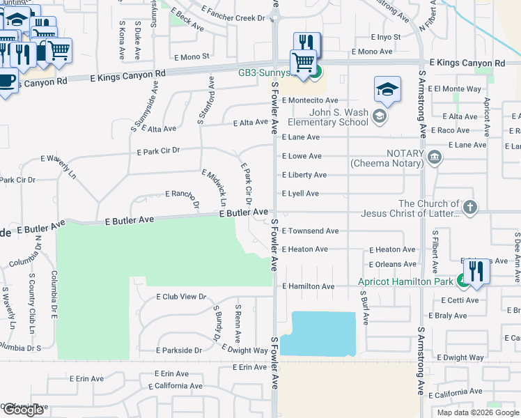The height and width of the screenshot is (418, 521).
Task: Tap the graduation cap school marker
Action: [x=387, y=90]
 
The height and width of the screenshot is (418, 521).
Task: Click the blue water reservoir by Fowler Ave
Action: [x=322, y=334]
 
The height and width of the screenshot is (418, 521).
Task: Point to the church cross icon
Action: [x=470, y=207]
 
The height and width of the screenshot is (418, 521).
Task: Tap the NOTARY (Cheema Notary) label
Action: [x=387, y=158]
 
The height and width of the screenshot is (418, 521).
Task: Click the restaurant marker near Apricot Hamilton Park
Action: [x=476, y=271]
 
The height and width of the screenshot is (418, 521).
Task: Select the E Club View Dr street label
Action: [x=182, y=296]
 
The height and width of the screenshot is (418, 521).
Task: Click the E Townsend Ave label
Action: [x=310, y=231]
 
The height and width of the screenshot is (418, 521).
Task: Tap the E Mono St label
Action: [x=192, y=56]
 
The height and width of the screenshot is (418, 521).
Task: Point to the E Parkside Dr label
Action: [x=179, y=350]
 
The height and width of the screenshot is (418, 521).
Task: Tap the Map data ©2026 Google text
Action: [x=477, y=412]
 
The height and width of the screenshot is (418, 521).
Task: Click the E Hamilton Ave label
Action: [x=309, y=286]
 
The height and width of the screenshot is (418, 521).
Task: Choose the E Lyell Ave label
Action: [x=300, y=194]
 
